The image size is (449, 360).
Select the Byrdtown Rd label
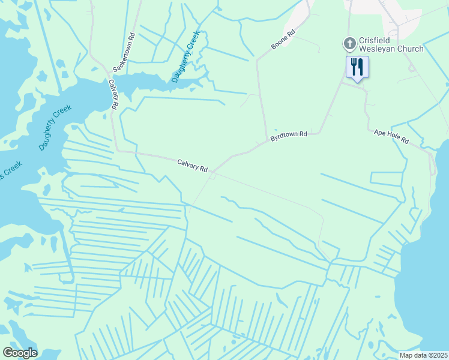289,134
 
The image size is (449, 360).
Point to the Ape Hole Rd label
391,137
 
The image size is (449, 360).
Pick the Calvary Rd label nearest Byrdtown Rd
192,164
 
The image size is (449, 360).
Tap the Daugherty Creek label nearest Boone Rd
185,58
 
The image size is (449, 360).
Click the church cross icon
349,43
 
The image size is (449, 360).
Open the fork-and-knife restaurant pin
358,67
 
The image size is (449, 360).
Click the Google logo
20,353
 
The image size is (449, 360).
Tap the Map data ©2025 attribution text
423,355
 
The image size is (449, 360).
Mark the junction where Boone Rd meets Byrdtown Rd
267,142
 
